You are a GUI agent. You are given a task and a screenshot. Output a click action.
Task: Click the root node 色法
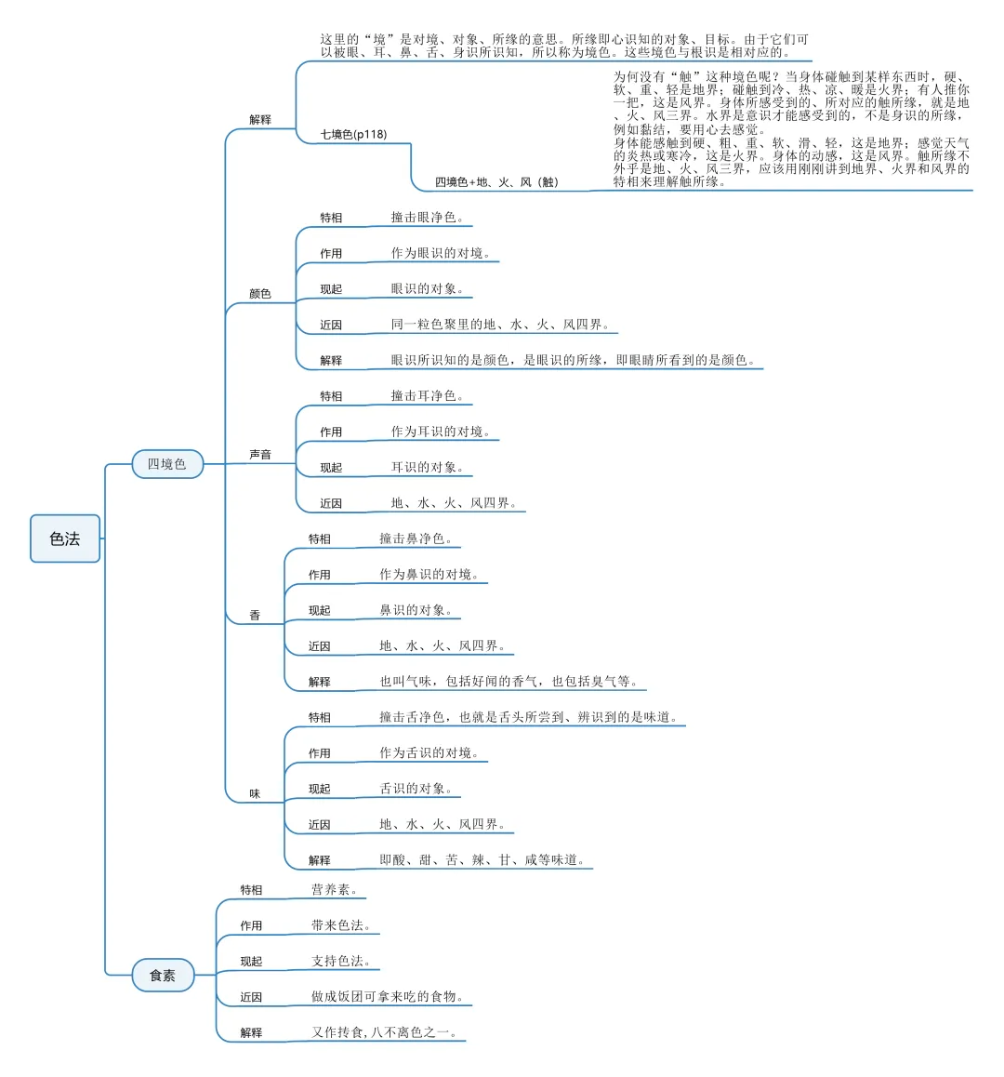coord(65,538)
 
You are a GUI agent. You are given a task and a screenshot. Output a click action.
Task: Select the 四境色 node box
coord(167,463)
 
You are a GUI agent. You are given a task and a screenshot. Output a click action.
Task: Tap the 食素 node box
coord(163,975)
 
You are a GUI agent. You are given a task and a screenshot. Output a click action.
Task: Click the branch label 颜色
coord(260,294)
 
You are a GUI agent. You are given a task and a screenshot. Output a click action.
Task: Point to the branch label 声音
coord(260,455)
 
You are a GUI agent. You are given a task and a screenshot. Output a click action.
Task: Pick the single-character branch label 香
coord(255,616)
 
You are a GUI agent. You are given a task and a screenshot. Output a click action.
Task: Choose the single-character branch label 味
coord(255,794)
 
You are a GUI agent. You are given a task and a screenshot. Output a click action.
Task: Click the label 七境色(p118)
coord(353,134)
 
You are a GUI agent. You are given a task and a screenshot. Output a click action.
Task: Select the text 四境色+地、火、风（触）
coord(497,182)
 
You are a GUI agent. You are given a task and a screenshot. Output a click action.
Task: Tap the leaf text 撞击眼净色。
coord(427,218)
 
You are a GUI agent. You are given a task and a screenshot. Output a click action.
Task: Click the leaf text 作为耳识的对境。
coord(440,432)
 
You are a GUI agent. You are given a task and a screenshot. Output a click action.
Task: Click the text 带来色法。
coord(341,925)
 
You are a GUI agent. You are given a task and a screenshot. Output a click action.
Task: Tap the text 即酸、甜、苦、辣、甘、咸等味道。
coord(482,860)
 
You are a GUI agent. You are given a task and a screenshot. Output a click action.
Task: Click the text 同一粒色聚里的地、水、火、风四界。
coord(500,325)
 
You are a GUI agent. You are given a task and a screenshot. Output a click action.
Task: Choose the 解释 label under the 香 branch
coord(320,682)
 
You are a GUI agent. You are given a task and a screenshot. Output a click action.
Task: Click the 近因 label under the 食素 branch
coord(251,997)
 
